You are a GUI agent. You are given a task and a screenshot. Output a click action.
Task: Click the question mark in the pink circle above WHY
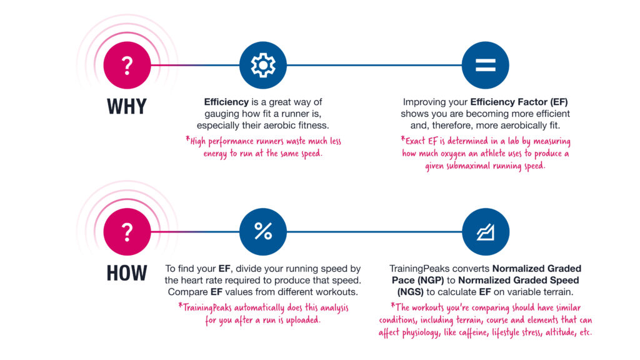coord(127,65)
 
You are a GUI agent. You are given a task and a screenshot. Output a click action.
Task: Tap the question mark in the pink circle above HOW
coord(127,232)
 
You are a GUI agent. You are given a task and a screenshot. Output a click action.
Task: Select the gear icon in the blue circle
coord(263,65)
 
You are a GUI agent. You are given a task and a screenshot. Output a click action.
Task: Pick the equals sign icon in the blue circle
coord(485,65)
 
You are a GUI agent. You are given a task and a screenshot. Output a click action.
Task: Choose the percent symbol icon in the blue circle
coord(263,231)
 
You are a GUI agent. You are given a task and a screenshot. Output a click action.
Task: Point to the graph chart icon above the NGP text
coord(486,232)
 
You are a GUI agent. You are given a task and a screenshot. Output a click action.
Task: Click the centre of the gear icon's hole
coord(263,65)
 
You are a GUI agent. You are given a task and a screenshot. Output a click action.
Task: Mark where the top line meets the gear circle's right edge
coord(286,65)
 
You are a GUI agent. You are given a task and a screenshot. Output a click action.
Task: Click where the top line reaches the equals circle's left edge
coord(462,65)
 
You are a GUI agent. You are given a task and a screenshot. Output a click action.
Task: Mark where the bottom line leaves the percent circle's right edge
coord(286,232)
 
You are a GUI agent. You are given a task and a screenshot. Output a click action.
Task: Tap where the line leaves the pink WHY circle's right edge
coord(151,65)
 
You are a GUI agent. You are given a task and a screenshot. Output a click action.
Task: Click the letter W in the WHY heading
coord(115,106)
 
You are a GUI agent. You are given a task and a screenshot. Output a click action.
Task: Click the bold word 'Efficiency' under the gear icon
coord(226,102)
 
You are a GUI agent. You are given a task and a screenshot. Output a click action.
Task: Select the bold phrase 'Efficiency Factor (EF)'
coord(519,102)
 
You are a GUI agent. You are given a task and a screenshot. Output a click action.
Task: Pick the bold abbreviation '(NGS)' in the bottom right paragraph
coord(411,292)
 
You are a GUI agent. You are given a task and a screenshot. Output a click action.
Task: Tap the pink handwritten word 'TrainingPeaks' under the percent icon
coord(206,307)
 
